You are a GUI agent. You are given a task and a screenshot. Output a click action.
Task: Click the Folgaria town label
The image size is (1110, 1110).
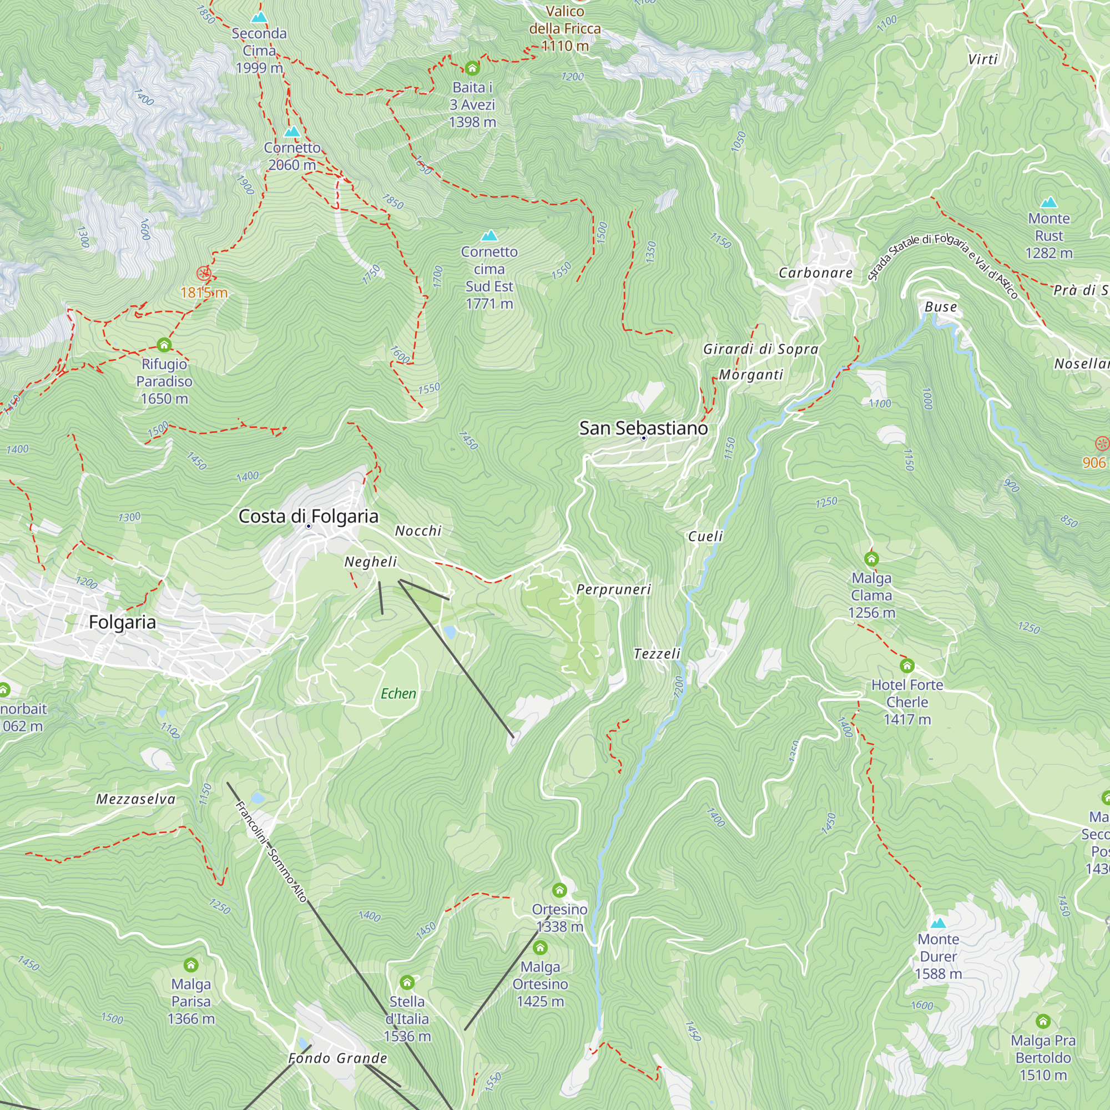click(x=122, y=622)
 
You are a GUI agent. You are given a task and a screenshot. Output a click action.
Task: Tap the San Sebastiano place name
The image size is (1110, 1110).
click(x=643, y=428)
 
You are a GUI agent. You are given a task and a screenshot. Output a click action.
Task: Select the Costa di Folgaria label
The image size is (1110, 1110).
click(x=309, y=516)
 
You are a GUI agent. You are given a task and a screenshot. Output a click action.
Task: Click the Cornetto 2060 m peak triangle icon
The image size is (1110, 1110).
click(x=292, y=132)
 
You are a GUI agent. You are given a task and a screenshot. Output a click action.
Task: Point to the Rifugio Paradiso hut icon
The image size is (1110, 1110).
click(x=164, y=345)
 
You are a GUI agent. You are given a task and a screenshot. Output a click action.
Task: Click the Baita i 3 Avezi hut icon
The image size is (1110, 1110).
click(x=472, y=68)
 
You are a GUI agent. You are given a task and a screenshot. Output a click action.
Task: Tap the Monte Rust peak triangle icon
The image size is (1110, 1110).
click(x=1048, y=202)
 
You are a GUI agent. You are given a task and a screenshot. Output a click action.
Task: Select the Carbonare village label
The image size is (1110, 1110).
click(x=815, y=273)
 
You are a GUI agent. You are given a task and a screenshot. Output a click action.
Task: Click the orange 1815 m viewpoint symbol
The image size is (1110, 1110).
click(x=204, y=274)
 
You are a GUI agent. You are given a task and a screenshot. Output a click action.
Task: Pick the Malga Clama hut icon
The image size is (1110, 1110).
click(x=871, y=559)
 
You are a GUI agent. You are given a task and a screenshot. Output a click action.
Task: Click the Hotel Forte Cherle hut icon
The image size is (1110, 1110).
click(x=907, y=666)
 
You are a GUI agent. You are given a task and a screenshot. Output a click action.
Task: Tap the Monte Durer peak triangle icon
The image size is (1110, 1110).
click(x=938, y=924)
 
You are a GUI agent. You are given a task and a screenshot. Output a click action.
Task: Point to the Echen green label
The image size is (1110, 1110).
click(x=398, y=693)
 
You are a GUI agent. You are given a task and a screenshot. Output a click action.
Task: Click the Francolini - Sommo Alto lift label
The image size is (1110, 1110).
click(x=271, y=852)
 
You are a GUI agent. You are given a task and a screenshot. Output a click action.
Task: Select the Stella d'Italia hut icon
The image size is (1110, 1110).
click(x=407, y=982)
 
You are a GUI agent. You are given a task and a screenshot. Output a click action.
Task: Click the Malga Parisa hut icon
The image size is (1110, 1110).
click(x=191, y=965)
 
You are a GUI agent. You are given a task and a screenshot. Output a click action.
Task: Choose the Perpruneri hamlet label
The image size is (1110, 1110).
click(x=614, y=589)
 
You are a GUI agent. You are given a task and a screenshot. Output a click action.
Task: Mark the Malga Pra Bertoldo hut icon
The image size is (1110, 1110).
click(x=1043, y=1022)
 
